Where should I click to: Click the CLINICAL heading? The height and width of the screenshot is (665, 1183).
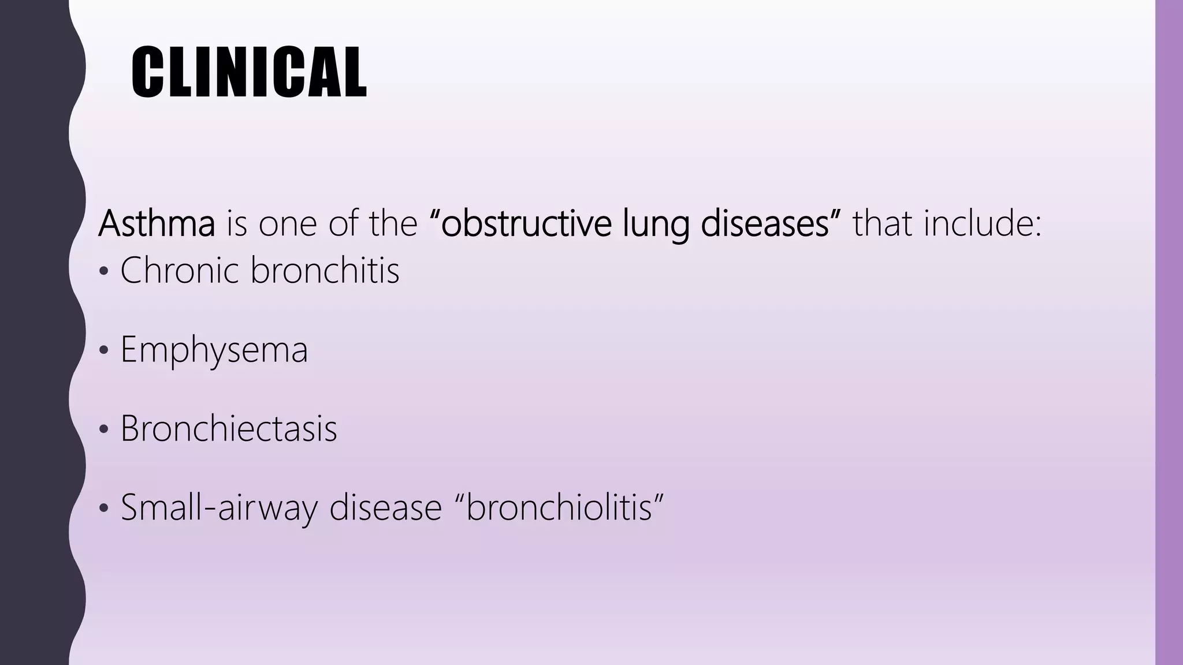pyautogui.click(x=249, y=72)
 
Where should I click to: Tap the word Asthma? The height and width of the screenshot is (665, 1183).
pyautogui.click(x=157, y=223)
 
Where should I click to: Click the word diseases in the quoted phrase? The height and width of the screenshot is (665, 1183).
pyautogui.click(x=765, y=223)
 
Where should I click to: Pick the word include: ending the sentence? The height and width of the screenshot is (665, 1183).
pyautogui.click(x=982, y=223)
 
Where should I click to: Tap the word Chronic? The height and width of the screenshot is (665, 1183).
pyautogui.click(x=179, y=270)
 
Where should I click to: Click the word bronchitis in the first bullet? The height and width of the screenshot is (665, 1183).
pyautogui.click(x=325, y=270)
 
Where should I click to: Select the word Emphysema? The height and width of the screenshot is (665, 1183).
pyautogui.click(x=214, y=350)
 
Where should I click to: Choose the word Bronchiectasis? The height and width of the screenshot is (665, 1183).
pyautogui.click(x=229, y=429)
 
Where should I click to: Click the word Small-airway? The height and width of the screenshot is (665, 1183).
pyautogui.click(x=219, y=508)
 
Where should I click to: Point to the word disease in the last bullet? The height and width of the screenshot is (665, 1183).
pyautogui.click(x=385, y=508)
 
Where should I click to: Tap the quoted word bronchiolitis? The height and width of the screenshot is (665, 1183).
pyautogui.click(x=559, y=508)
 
